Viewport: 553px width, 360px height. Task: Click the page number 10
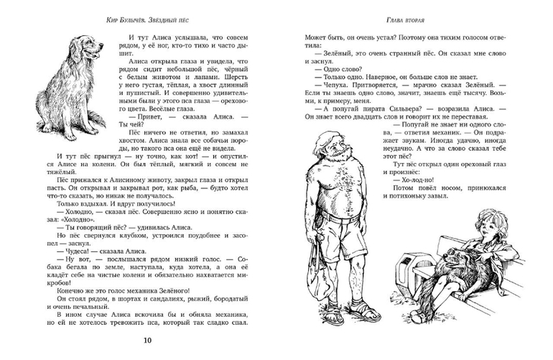pos(147,340)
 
